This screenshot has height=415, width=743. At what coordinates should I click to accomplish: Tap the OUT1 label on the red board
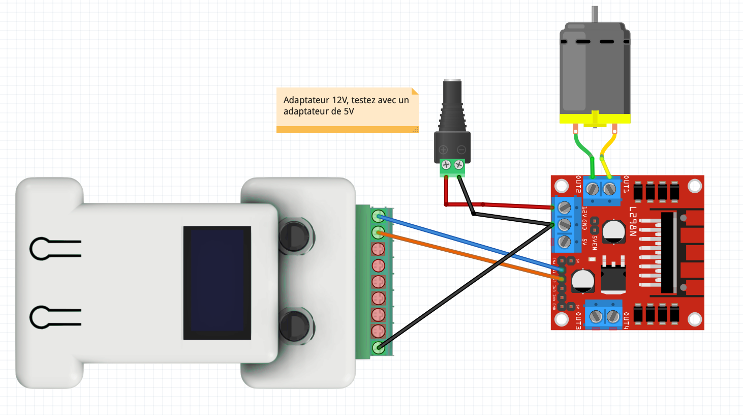[626, 184]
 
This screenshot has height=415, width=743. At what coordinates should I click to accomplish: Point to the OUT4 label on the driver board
[626, 321]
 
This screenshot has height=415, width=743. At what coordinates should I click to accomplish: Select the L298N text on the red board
[633, 221]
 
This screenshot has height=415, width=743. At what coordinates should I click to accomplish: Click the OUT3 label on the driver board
[578, 321]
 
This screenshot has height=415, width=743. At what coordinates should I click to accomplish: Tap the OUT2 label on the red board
[578, 184]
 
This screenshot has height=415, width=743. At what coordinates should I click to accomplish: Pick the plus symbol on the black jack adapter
[443, 150]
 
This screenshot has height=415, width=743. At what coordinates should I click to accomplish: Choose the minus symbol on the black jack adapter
[461, 150]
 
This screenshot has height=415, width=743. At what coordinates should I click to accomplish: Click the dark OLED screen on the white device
[217, 282]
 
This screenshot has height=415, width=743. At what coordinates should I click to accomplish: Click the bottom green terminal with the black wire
[378, 348]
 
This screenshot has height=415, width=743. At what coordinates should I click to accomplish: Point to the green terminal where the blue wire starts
[378, 216]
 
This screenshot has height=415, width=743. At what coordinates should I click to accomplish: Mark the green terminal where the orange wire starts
[378, 232]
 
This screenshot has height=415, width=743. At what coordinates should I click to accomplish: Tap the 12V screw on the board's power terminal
[564, 207]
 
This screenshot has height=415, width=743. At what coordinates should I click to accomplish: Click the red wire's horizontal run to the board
[508, 205]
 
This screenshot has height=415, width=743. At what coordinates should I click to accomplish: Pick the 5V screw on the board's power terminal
[564, 242]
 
